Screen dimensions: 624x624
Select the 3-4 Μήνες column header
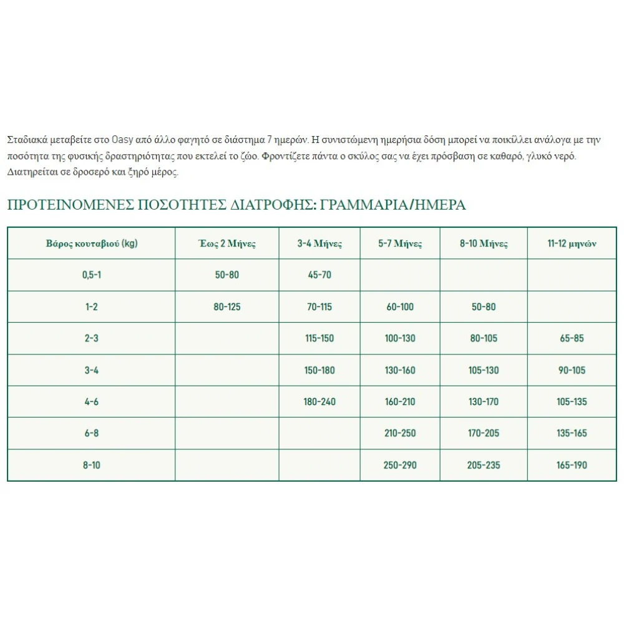tap(319, 243)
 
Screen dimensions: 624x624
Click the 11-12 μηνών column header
tap(572, 243)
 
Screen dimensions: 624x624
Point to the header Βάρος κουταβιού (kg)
tap(92, 243)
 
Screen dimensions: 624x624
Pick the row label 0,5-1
tap(92, 275)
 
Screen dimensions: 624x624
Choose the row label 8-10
tap(92, 465)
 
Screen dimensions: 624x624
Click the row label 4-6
tap(92, 402)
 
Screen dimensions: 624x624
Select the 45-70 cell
tap(319, 275)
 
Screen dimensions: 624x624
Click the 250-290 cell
tap(401, 465)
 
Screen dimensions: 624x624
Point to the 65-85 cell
tap(572, 339)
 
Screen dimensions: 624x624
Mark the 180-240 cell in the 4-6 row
tap(319, 402)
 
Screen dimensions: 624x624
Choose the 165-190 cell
tap(572, 465)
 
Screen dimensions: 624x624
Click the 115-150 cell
tap(319, 339)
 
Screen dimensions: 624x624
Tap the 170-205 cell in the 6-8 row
tap(484, 434)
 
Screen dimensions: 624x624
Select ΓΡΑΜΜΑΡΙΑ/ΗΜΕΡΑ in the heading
tap(392, 205)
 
